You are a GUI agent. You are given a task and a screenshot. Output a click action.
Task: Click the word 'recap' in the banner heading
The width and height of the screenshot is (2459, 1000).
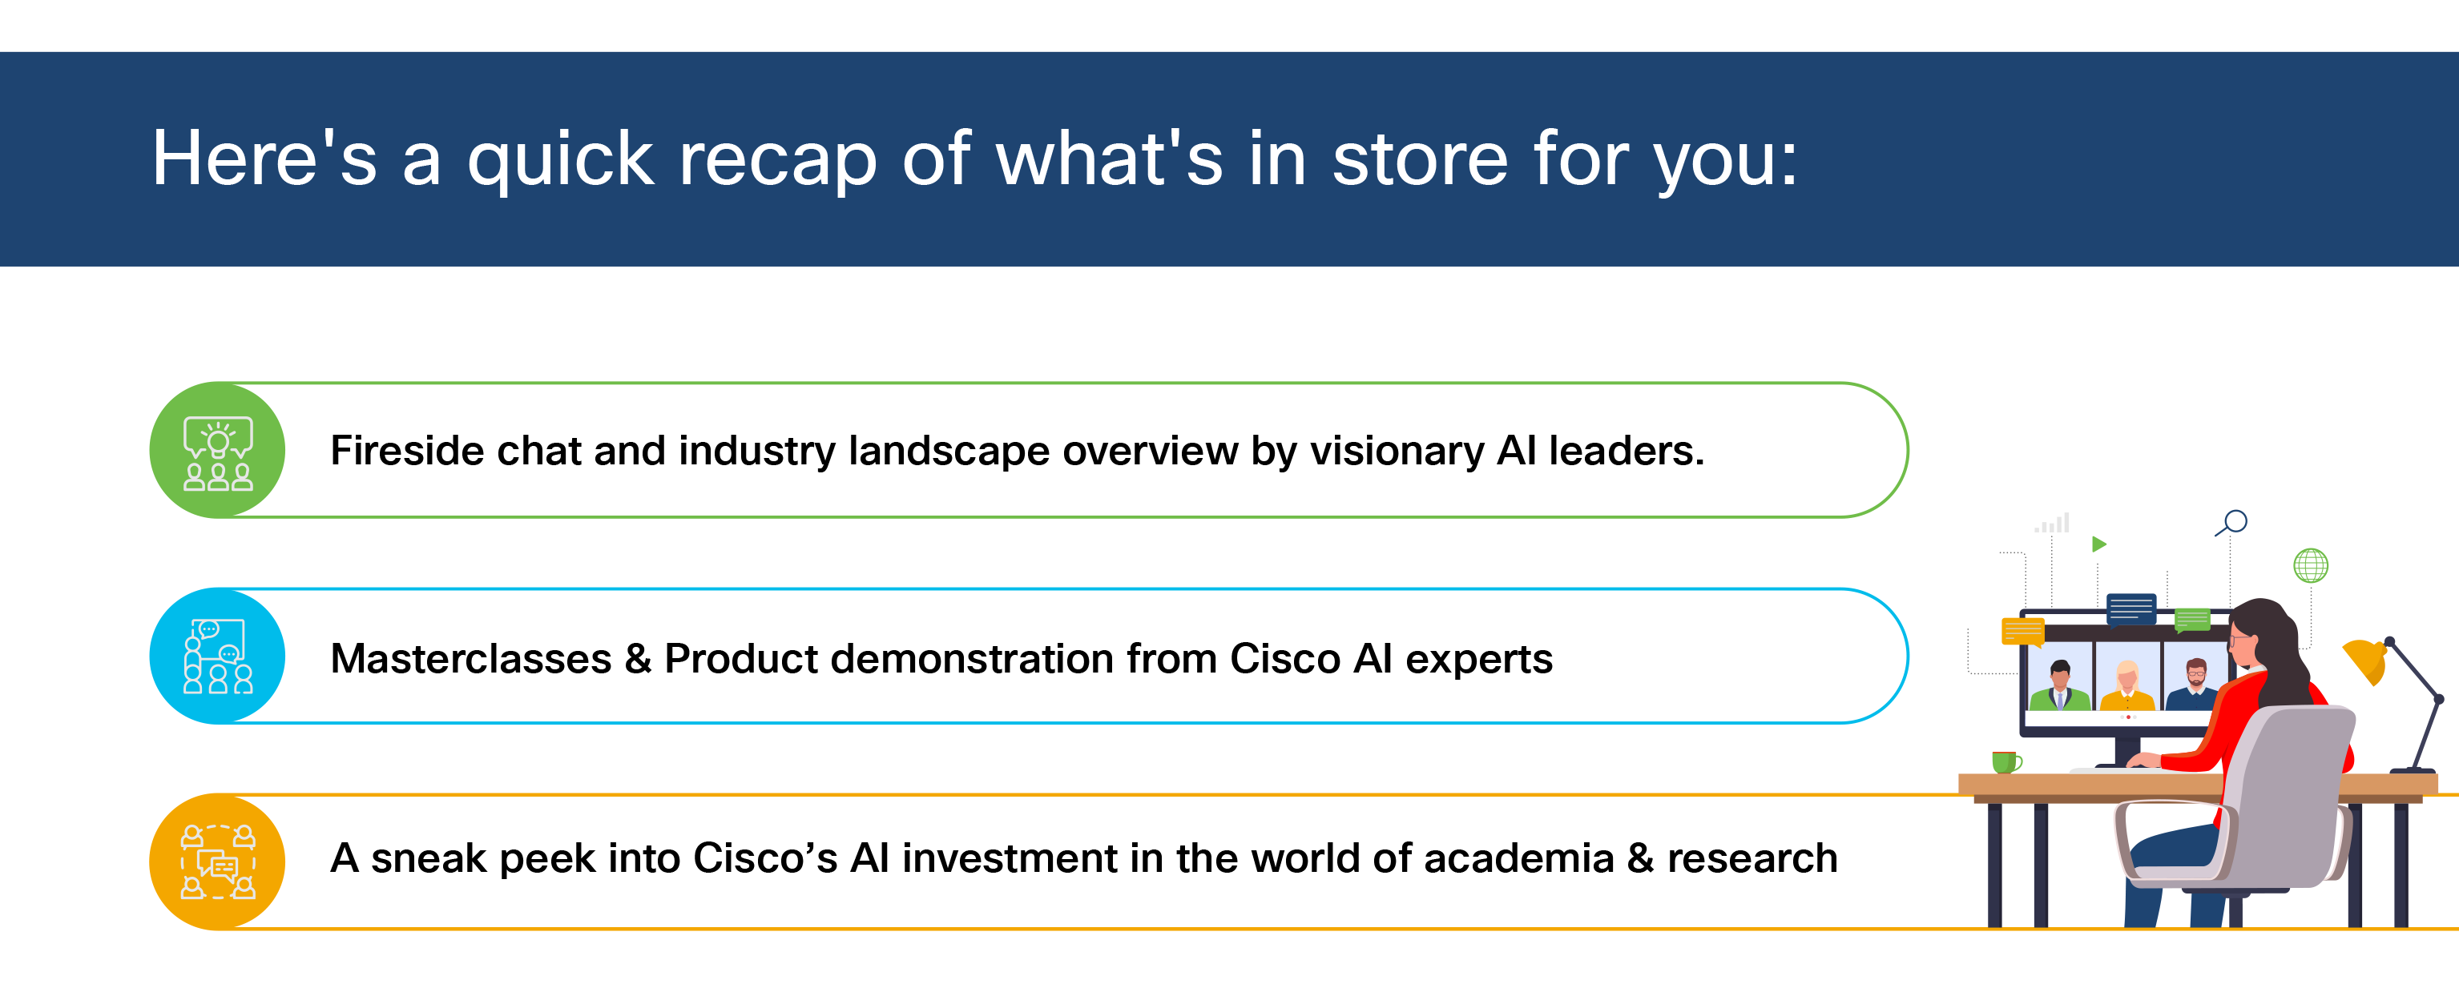[x=777, y=160]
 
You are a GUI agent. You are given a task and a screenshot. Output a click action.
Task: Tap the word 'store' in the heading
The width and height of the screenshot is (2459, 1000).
[x=1420, y=159]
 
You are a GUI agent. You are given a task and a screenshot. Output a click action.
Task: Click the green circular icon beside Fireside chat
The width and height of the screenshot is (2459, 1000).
[x=218, y=451]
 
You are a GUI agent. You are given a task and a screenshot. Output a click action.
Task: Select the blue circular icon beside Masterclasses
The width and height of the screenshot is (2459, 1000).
[x=218, y=657]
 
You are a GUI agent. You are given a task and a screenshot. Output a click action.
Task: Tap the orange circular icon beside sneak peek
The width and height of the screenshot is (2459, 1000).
[x=218, y=861]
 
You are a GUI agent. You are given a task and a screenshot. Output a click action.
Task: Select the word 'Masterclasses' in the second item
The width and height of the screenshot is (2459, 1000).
[x=470, y=658]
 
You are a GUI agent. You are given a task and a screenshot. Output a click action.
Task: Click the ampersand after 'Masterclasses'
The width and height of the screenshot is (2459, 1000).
[x=638, y=658]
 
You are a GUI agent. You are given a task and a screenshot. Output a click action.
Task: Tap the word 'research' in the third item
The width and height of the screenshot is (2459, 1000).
[x=1752, y=857]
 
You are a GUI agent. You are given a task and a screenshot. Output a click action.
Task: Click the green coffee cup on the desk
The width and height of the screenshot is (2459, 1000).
[x=2006, y=761]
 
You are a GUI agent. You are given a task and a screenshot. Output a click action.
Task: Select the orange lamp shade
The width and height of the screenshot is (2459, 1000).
[x=2365, y=661]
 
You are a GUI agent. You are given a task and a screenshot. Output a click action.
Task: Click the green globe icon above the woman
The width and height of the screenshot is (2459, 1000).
[x=2310, y=566]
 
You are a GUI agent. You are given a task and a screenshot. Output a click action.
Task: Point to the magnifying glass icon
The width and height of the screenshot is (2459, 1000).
[x=2231, y=523]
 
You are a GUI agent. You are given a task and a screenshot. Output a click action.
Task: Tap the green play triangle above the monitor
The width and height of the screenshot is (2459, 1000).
[x=2098, y=544]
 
